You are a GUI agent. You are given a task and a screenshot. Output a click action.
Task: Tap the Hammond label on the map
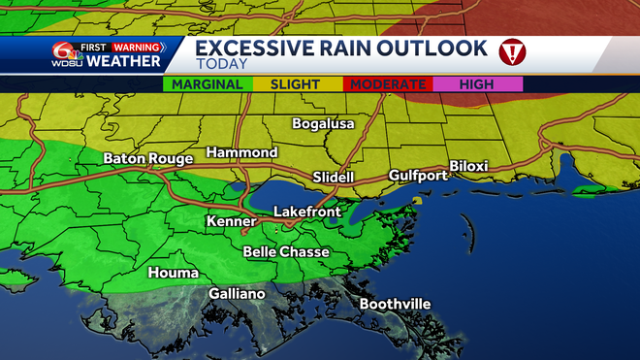[241, 152]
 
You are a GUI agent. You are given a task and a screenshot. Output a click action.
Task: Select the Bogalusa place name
[324, 124]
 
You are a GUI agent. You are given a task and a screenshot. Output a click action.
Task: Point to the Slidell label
[335, 178]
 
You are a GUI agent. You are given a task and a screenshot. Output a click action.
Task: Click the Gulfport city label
[417, 175]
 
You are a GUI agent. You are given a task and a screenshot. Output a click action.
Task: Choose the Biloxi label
[468, 166]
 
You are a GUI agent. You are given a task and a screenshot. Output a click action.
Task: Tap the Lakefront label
[305, 211]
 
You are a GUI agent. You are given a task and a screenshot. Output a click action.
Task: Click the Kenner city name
[232, 222]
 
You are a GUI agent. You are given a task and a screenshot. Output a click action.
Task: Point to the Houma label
[173, 273]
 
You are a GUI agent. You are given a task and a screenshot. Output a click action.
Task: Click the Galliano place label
[237, 294]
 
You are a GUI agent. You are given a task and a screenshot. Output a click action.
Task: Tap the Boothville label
[395, 304]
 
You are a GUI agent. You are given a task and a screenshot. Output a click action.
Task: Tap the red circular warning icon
[511, 50]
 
